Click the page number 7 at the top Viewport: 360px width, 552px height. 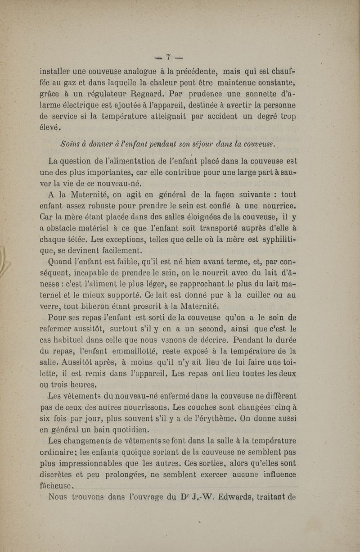[168, 57]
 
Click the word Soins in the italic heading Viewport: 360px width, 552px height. [69, 144]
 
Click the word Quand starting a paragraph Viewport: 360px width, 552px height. [62, 261]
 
